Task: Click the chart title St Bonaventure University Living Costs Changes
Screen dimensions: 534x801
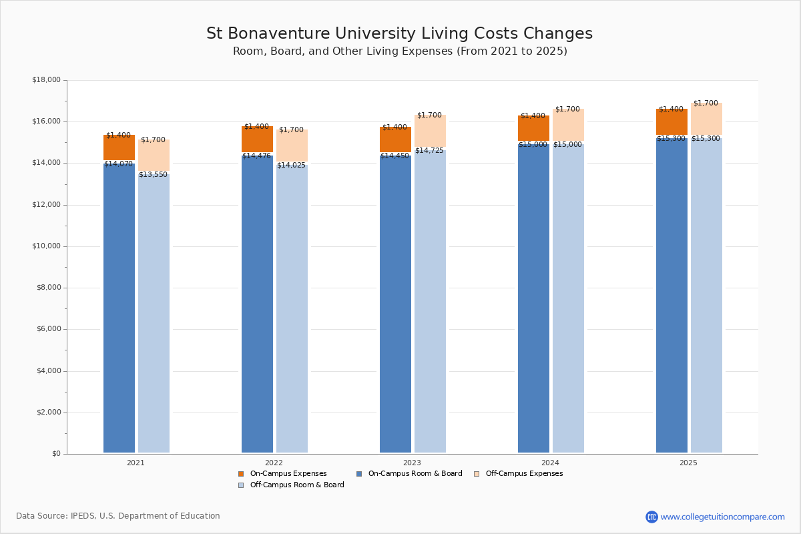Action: (399, 34)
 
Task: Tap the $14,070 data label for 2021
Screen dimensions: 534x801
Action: (118, 164)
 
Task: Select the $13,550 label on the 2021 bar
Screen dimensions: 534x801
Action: (153, 175)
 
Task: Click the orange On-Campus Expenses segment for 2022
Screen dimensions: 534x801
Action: (257, 140)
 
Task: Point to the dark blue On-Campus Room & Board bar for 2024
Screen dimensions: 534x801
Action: (533, 300)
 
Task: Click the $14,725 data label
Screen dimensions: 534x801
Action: (429, 151)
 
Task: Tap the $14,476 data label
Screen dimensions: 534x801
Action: (256, 156)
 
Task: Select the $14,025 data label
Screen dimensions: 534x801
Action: (291, 166)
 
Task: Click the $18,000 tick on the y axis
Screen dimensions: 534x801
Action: (46, 80)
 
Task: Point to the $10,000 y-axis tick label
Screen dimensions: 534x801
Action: (46, 246)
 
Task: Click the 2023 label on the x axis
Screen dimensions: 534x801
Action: (412, 463)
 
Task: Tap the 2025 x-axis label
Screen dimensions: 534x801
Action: (688, 463)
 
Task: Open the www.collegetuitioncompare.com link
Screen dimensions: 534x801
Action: (722, 517)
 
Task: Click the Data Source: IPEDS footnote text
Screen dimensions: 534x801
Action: (118, 516)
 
